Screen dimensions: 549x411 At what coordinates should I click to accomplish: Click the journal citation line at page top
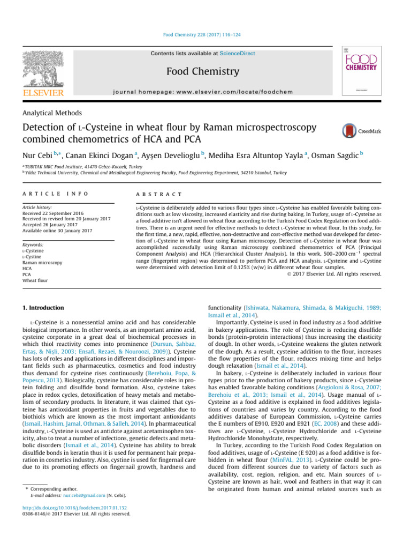click(x=205, y=35)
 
